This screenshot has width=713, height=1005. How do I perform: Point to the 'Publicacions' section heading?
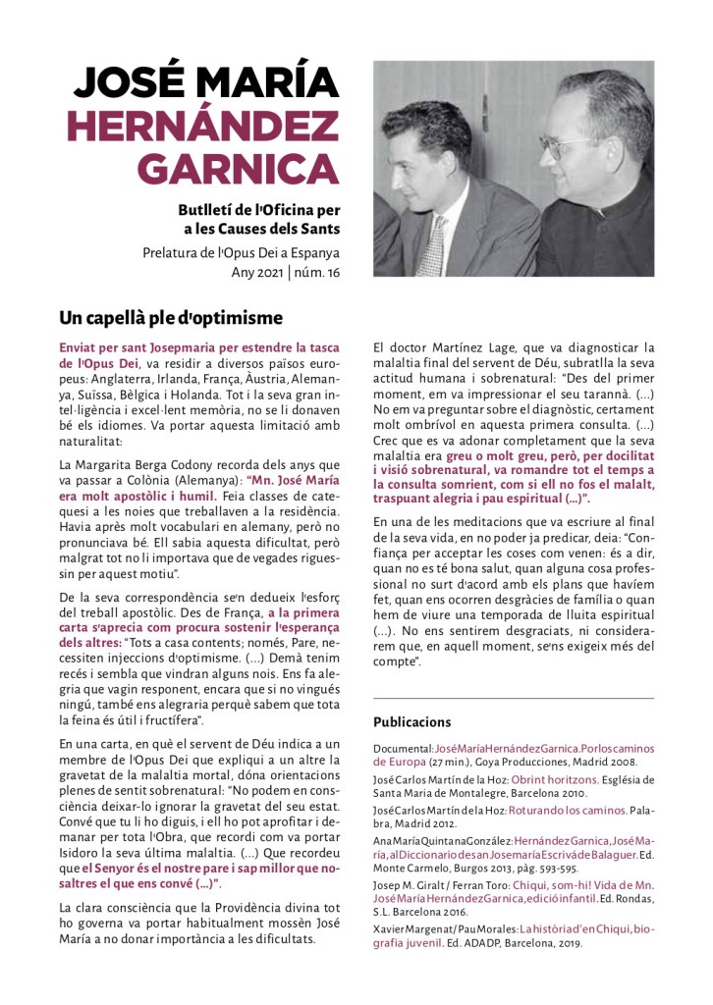411,721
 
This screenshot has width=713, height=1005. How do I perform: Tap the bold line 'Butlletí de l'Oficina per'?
259,211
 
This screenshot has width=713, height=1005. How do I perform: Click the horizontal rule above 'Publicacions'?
513,699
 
